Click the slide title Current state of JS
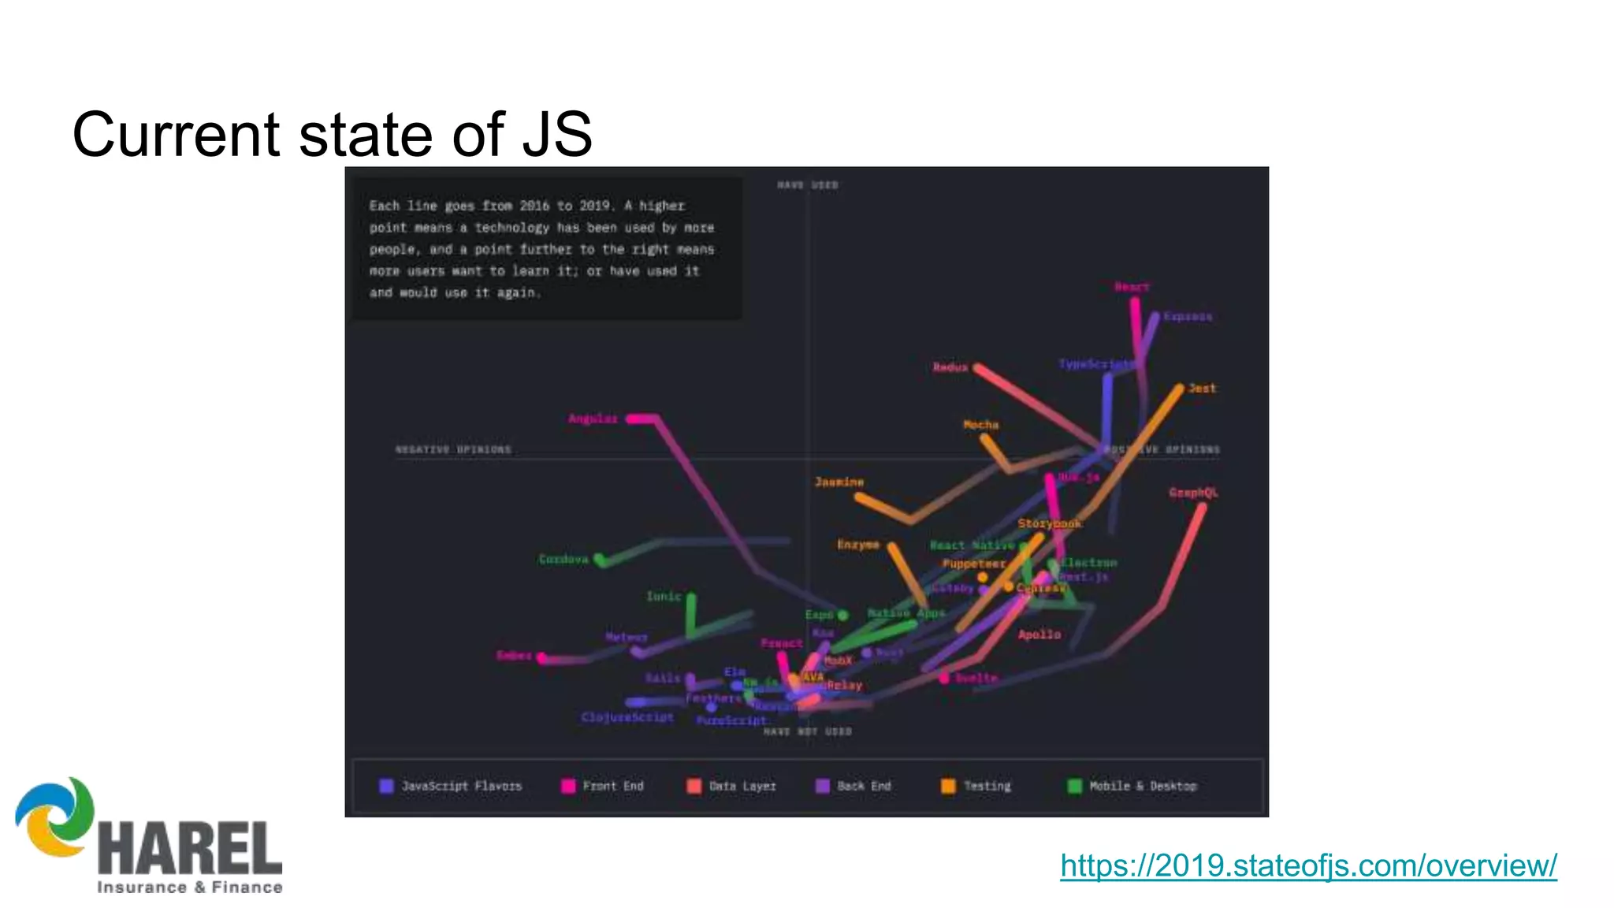coord(332,134)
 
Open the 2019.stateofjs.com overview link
coord(1308,865)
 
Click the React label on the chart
coord(1132,287)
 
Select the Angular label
coord(593,419)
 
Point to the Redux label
coord(950,367)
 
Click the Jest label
coord(1202,388)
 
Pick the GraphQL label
coord(1193,493)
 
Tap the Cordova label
coord(563,559)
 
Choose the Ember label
coord(514,655)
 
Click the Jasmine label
coord(839,482)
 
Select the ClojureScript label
coord(627,717)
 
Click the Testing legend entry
coord(986,786)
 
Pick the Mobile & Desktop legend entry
coord(1142,786)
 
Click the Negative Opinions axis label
coord(453,449)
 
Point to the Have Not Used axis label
coord(807,731)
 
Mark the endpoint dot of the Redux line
coord(977,367)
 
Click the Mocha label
coord(980,425)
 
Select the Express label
coord(1187,316)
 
